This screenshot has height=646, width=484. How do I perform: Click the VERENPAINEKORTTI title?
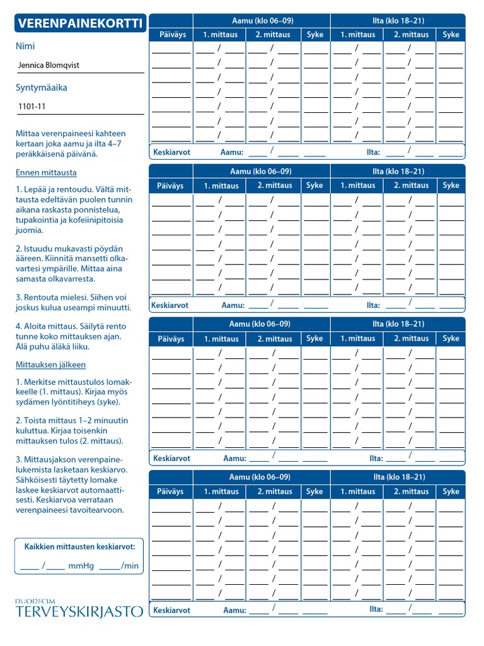coord(80,24)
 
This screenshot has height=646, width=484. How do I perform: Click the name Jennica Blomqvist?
coord(49,65)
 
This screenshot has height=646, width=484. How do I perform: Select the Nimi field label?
coord(25,46)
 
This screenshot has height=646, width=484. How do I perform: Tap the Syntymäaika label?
coord(41,88)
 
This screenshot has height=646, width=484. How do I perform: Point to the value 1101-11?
coord(32,107)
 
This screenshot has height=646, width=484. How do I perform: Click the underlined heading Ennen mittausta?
coord(46,172)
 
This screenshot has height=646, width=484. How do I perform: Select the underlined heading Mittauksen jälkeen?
coord(50,365)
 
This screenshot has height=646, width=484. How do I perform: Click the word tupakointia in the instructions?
coord(39,220)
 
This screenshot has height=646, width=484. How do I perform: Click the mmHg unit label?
coord(81,566)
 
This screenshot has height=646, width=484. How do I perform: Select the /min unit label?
coord(130,566)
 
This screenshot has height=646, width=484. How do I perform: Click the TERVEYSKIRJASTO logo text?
coord(79,611)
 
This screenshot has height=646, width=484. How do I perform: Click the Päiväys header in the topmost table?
coord(171,35)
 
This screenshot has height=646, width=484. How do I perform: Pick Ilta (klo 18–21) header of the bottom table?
coord(398,477)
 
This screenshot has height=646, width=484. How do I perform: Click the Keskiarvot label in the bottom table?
coord(171,610)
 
